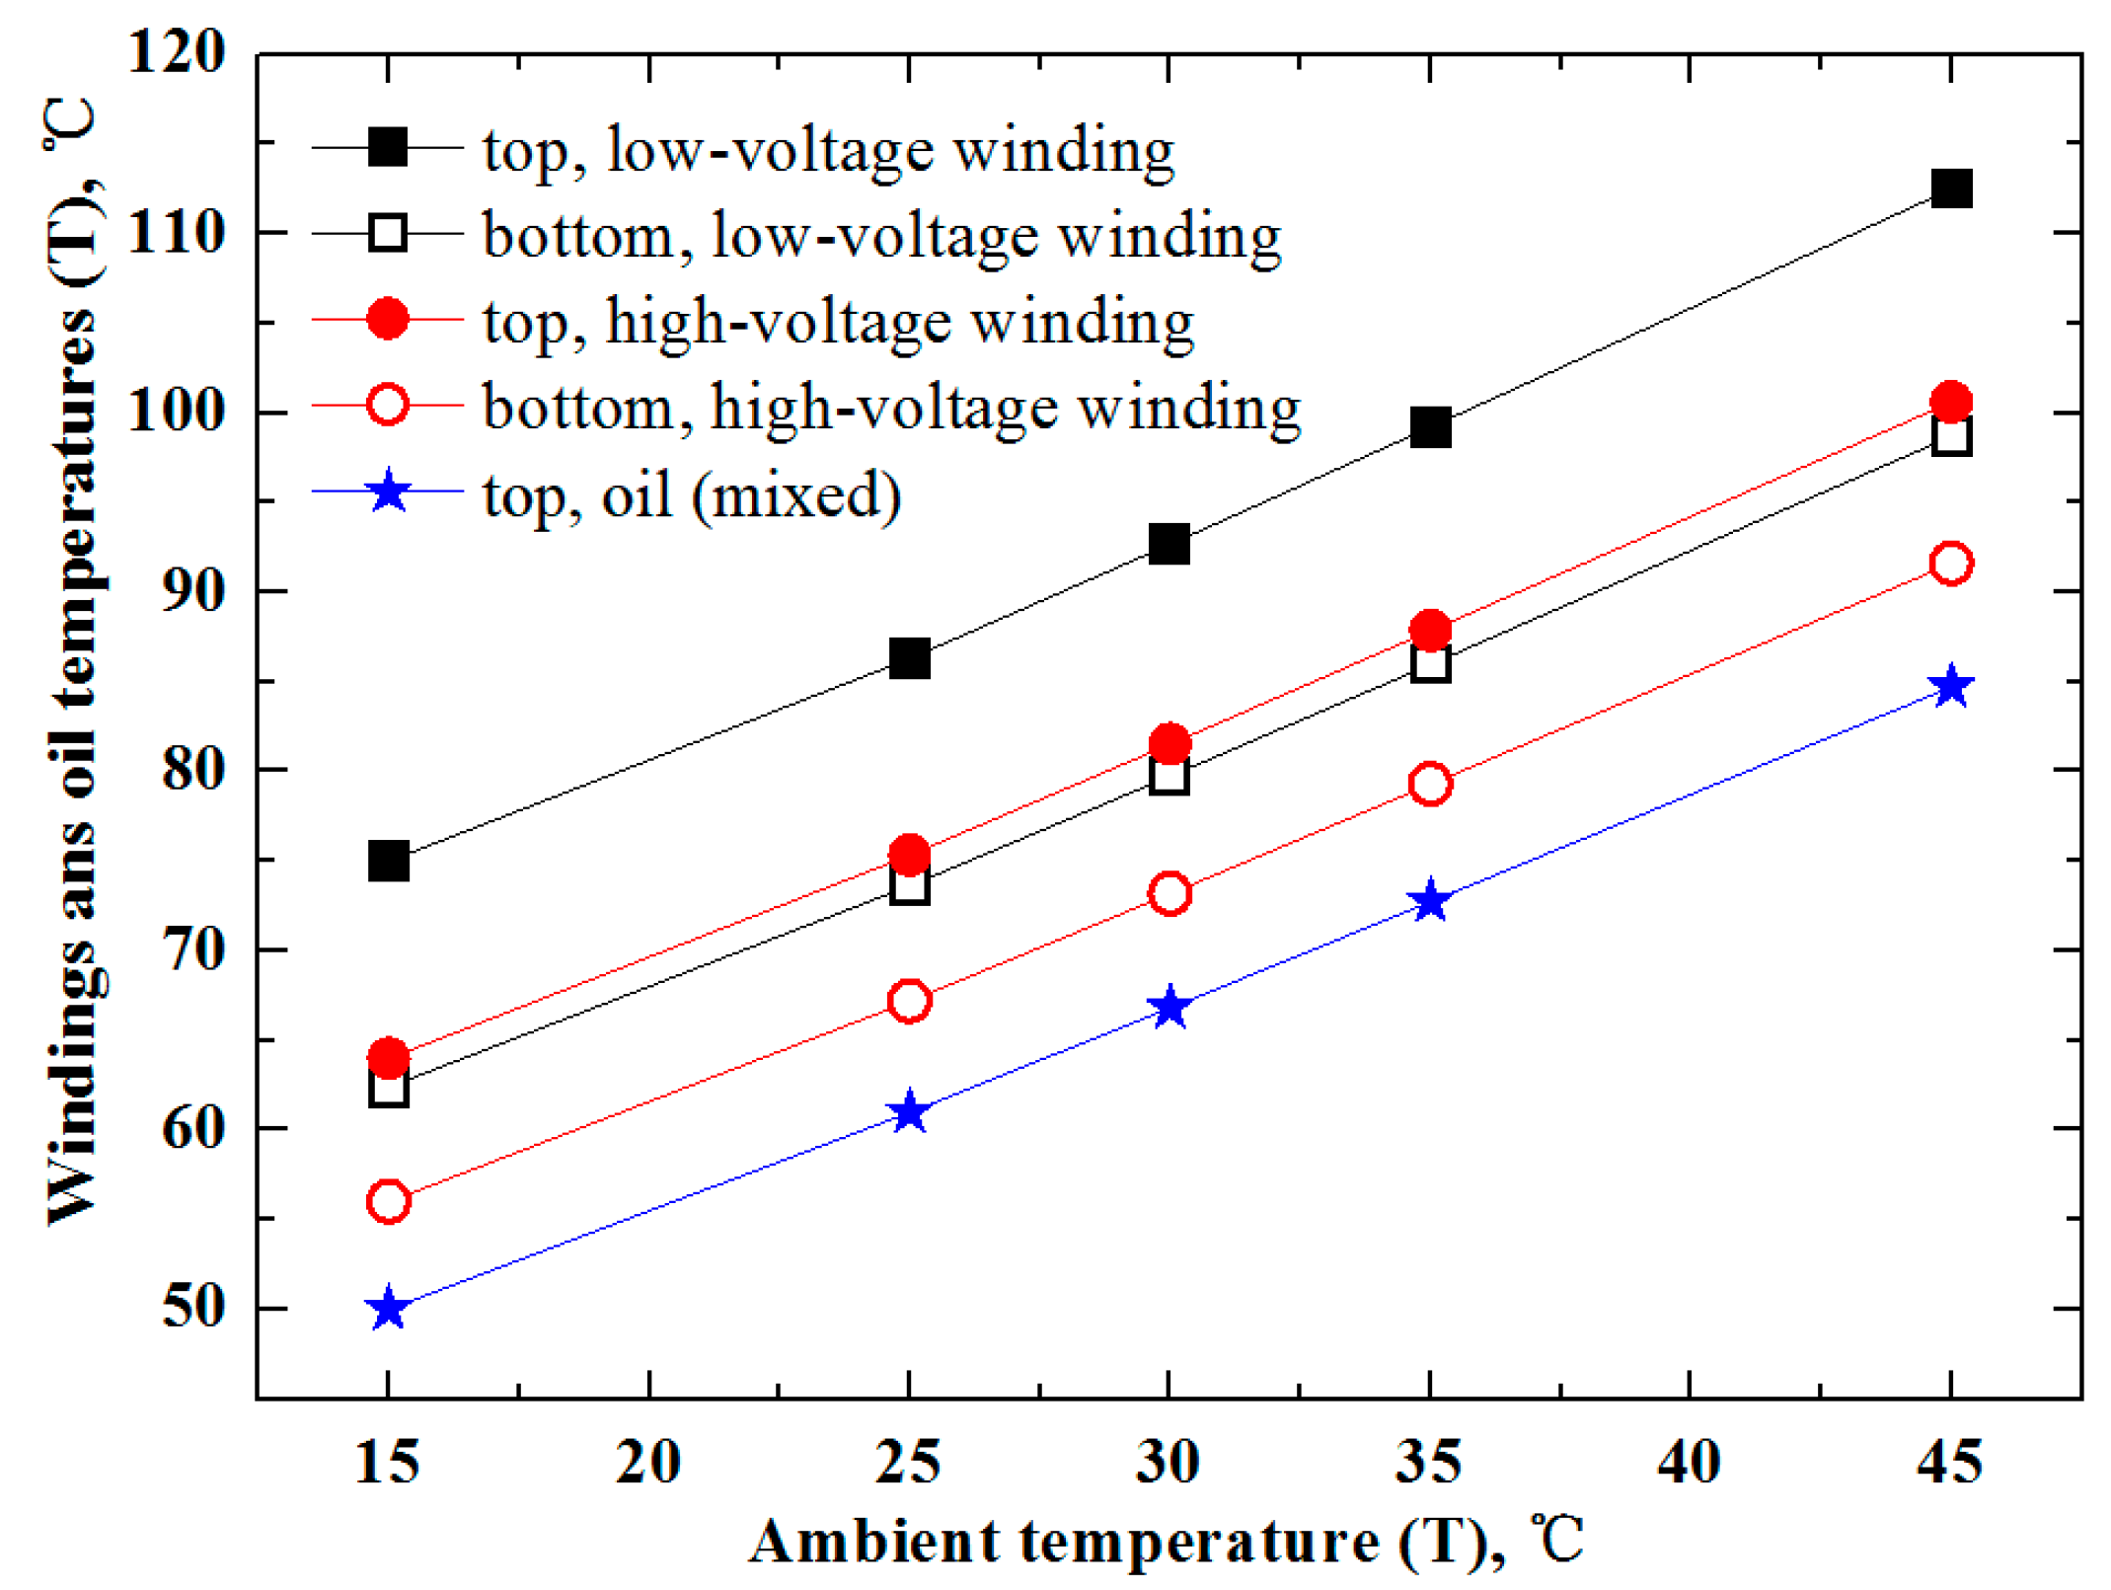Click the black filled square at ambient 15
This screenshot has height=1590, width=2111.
(388, 862)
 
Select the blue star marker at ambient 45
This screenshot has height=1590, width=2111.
(1950, 686)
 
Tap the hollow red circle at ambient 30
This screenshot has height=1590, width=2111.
(1169, 894)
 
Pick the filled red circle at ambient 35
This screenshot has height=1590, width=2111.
(1430, 630)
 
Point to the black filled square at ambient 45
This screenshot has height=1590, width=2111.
(1951, 189)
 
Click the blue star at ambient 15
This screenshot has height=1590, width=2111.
(388, 1309)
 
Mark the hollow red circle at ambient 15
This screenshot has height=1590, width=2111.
(388, 1201)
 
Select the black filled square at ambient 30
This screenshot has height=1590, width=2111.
(1169, 544)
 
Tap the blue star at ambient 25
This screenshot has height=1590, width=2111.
(909, 1113)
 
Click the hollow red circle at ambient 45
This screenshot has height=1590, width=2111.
(1950, 564)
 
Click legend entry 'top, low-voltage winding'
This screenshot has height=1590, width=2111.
(828, 150)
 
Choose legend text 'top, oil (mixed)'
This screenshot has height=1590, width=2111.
(691, 493)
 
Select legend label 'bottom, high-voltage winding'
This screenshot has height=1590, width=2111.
(891, 407)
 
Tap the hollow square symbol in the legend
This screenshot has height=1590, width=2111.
(388, 234)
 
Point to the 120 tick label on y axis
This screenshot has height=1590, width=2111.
(177, 51)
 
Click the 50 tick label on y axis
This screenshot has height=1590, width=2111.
(193, 1307)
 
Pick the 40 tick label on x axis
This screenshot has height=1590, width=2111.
(1689, 1462)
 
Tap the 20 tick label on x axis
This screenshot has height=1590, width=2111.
(647, 1462)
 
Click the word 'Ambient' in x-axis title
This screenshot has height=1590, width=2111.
(874, 1541)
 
